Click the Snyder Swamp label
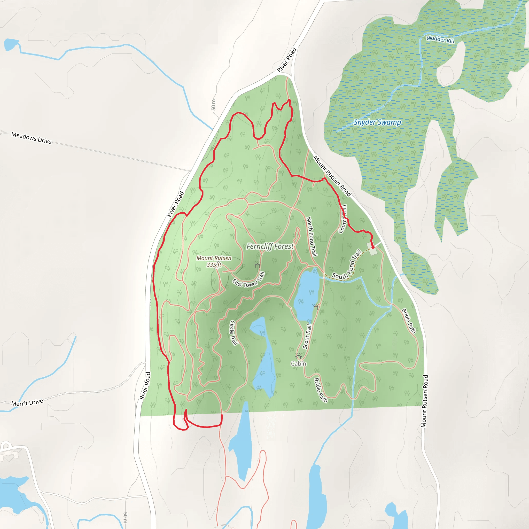pyautogui.click(x=377, y=122)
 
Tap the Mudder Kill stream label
pyautogui.click(x=440, y=40)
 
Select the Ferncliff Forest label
pyautogui.click(x=270, y=246)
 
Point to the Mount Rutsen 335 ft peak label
pyautogui.click(x=214, y=261)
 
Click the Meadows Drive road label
pyautogui.click(x=31, y=138)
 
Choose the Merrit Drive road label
pyautogui.click(x=27, y=402)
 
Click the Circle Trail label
pyautogui.click(x=233, y=332)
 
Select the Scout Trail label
pyautogui.click(x=307, y=337)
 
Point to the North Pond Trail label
pyautogui.click(x=312, y=237)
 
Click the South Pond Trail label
pyautogui.click(x=347, y=266)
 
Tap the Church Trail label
pyautogui.click(x=343, y=219)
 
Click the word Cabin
pyautogui.click(x=298, y=364)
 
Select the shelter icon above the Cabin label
pyautogui.click(x=298, y=356)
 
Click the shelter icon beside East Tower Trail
pyautogui.click(x=257, y=264)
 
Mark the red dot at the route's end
pyautogui.click(x=373, y=247)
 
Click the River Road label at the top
pyautogui.click(x=287, y=60)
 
